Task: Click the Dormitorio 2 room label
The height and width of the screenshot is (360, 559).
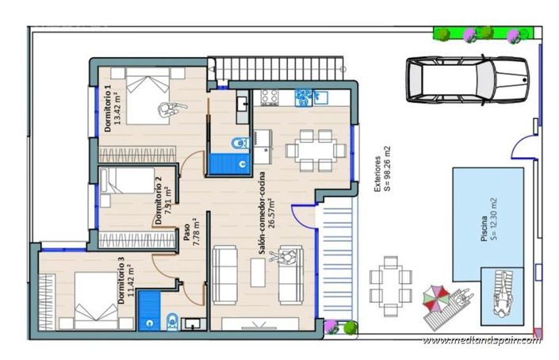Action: pos(163,201)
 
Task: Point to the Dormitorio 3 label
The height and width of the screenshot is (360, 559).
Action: pos(125,279)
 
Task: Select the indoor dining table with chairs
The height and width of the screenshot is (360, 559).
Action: pos(315,148)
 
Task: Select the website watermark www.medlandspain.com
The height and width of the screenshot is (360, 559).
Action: pos(482,339)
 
